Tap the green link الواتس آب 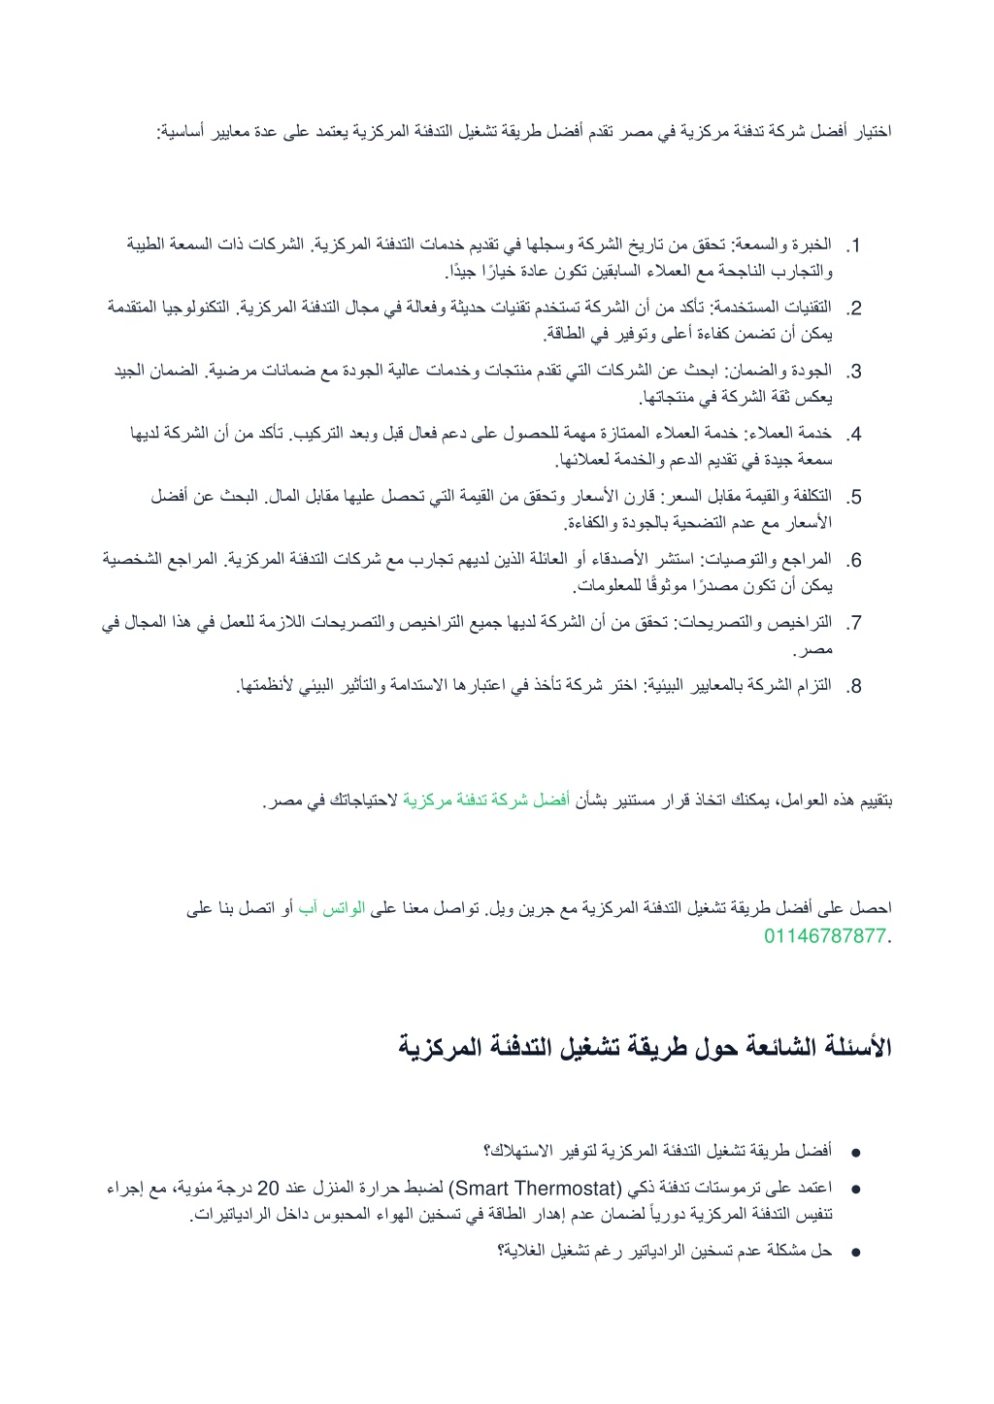(331, 908)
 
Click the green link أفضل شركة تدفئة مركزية (486, 801)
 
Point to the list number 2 (853, 310)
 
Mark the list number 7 (853, 624)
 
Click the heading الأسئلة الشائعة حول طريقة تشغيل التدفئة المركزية (645, 1047)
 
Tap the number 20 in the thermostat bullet (268, 1188)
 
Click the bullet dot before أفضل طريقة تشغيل (855, 1154)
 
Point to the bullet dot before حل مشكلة (855, 1253)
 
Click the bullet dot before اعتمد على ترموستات (855, 1189)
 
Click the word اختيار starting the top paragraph (871, 131)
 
